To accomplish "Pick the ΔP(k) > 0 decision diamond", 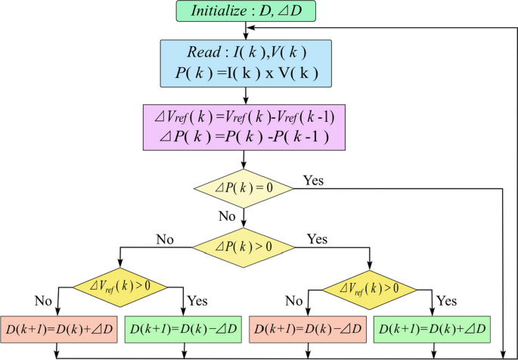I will (243, 247).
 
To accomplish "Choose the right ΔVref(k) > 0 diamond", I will (370, 288).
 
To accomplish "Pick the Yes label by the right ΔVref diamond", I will (447, 301).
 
